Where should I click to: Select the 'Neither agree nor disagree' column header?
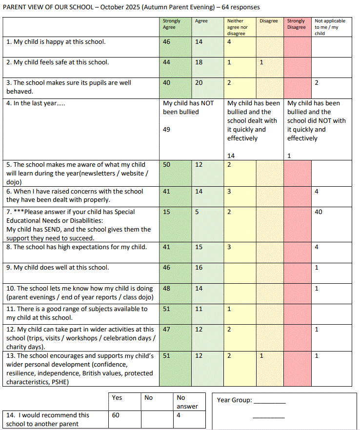click(x=237, y=27)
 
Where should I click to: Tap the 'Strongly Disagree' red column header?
click(x=296, y=24)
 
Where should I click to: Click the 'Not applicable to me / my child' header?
click(x=330, y=27)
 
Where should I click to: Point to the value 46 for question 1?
click(x=167, y=42)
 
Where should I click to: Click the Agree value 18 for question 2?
click(x=199, y=62)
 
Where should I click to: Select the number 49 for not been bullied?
click(x=167, y=130)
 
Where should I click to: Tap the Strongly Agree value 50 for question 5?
click(x=167, y=165)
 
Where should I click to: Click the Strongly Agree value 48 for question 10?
click(x=167, y=288)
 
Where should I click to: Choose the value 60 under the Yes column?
click(x=116, y=415)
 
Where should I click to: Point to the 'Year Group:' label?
click(x=235, y=400)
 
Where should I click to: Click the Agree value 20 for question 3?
click(x=199, y=83)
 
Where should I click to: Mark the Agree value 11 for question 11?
click(x=199, y=309)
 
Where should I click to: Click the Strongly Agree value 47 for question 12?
click(x=167, y=330)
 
